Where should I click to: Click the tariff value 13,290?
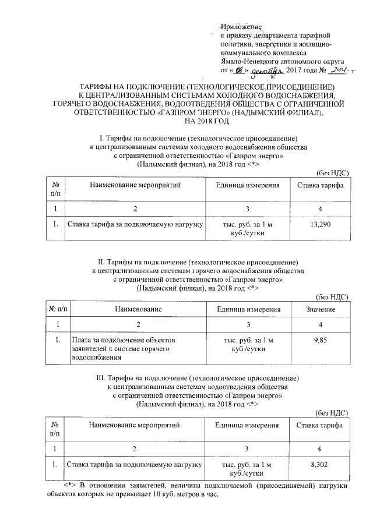pyautogui.click(x=320, y=224)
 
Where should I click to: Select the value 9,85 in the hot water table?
pyautogui.click(x=319, y=339)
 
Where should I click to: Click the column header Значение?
pyautogui.click(x=319, y=309)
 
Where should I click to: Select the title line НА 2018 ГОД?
pyautogui.click(x=207, y=121)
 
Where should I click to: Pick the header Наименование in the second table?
pyautogui.click(x=138, y=309)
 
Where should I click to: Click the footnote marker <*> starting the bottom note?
pyautogui.click(x=70, y=485)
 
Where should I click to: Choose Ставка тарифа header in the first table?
pyautogui.click(x=320, y=185)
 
